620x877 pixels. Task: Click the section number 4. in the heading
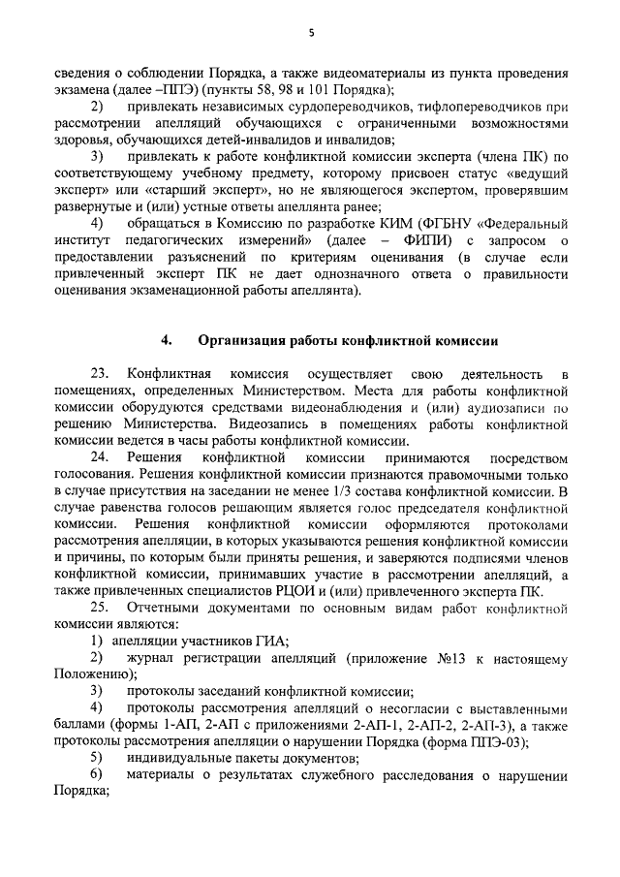167,339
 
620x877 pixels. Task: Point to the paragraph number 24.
101,457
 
